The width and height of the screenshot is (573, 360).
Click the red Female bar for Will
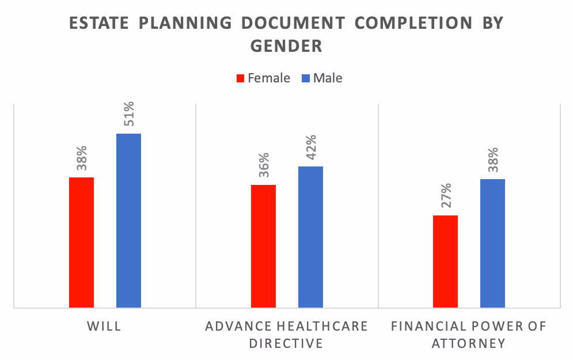click(81, 242)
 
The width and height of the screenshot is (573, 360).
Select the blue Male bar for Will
click(128, 220)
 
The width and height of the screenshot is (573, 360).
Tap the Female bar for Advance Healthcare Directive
click(263, 246)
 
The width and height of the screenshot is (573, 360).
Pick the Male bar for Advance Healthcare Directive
click(310, 237)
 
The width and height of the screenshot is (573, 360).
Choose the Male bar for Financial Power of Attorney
click(492, 243)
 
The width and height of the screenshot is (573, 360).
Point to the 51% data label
click(129, 115)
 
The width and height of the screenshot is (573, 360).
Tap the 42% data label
click(311, 148)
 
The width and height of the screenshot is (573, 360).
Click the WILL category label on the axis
click(104, 327)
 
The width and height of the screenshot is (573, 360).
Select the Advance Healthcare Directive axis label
click(287, 335)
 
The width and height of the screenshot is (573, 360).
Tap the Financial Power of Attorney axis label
click(469, 335)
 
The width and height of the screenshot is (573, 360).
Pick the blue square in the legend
click(306, 78)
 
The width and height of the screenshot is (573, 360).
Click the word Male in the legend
click(328, 78)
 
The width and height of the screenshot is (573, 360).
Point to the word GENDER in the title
click(286, 46)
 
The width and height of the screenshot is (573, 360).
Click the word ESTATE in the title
click(98, 24)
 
